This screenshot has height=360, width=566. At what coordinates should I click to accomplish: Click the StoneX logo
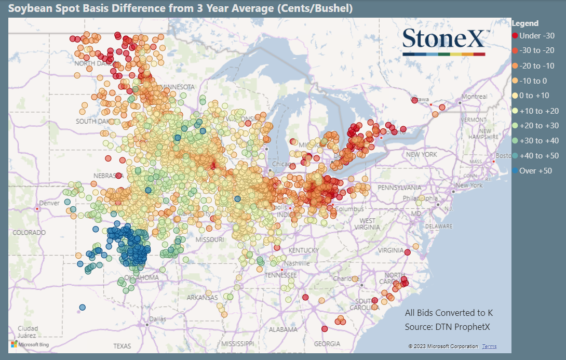[x=444, y=42]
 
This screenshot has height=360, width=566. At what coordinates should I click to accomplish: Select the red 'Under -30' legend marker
[x=515, y=36]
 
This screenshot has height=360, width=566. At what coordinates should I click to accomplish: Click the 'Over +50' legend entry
[x=535, y=170]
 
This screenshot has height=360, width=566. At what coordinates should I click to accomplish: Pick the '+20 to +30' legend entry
[x=538, y=126]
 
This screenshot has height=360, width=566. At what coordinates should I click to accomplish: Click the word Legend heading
[x=525, y=23]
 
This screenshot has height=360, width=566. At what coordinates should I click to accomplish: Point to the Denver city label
[x=49, y=203]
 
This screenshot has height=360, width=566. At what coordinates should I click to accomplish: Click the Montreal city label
[x=474, y=97]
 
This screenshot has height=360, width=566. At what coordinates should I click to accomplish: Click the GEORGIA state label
[x=327, y=344]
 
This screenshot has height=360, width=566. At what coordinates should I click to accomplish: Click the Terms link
[x=489, y=346]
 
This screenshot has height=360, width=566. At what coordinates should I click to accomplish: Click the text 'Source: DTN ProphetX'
[x=447, y=327]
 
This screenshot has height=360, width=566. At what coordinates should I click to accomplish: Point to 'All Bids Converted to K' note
[x=449, y=313]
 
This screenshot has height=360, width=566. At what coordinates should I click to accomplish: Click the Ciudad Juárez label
[x=27, y=331]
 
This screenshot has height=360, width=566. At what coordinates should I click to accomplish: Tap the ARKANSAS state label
[x=203, y=298]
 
